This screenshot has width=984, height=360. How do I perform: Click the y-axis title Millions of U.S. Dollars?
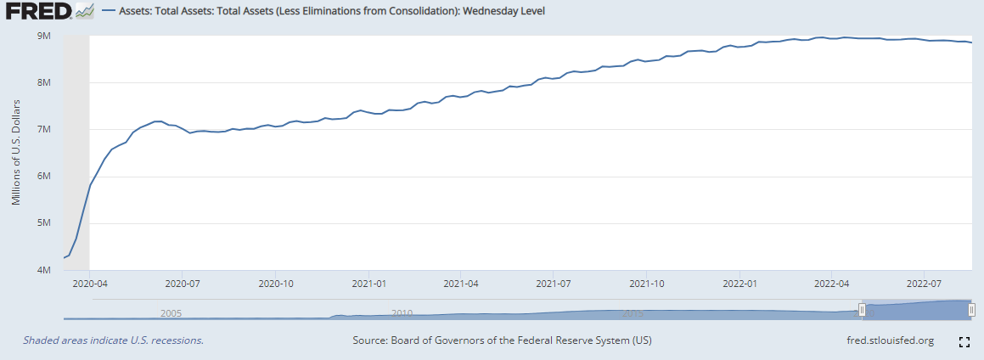point(16,154)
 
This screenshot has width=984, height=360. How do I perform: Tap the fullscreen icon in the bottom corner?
point(964,341)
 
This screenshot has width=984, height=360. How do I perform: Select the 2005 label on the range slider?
point(171,312)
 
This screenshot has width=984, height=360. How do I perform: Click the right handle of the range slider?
point(971,310)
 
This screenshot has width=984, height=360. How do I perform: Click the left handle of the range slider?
point(862,310)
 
